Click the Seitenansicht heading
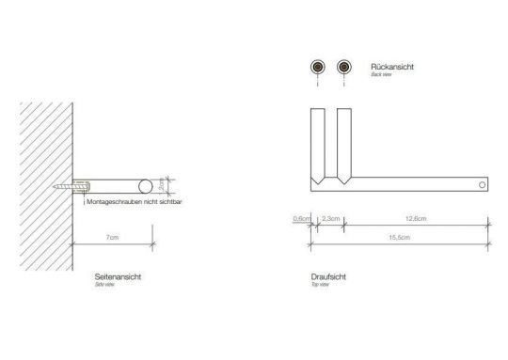(119, 278)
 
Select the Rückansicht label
(392, 68)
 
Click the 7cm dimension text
(112, 238)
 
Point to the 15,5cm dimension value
(399, 238)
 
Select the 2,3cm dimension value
(331, 218)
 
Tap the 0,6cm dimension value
(301, 218)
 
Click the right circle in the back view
(344, 67)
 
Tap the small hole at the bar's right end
(483, 185)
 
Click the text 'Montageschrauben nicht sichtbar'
(132, 201)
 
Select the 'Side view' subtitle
(103, 286)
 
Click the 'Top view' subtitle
(318, 286)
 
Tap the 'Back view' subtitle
(382, 75)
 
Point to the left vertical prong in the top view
(318, 141)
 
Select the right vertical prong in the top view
(343, 141)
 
